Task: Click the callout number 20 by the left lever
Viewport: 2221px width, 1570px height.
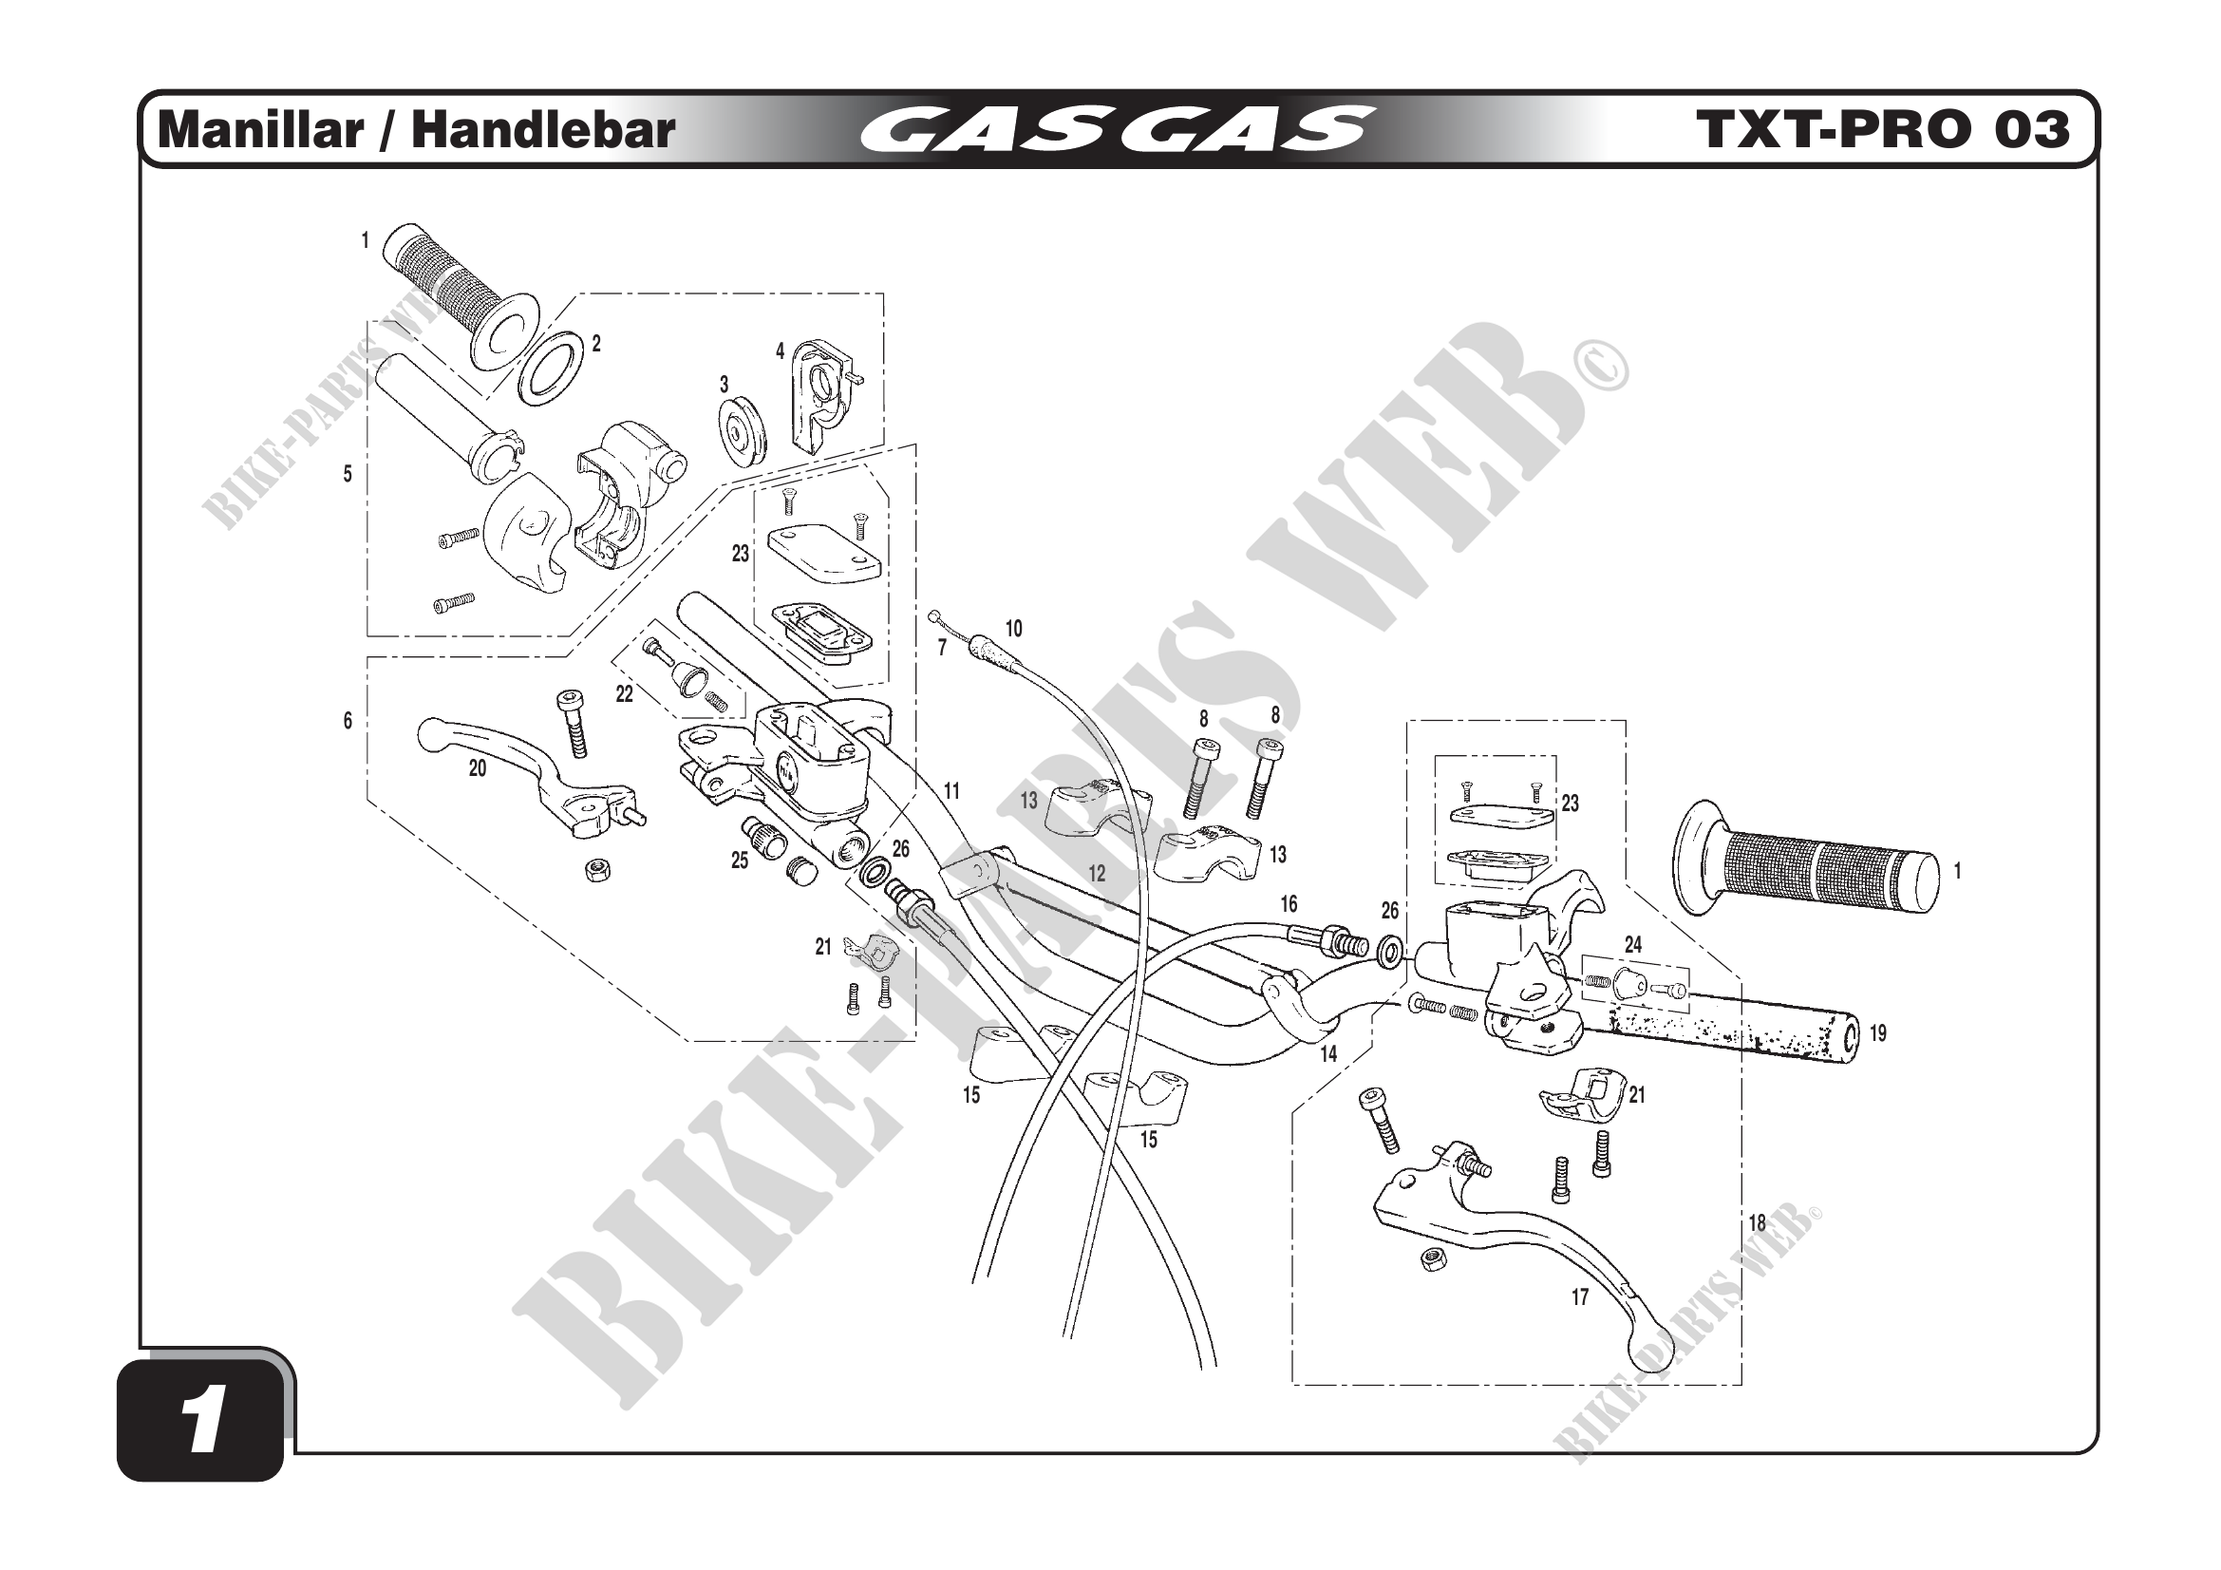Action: click(x=477, y=769)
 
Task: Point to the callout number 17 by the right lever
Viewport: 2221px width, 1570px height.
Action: click(x=1580, y=1298)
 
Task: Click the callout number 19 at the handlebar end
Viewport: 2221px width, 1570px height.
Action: click(x=1877, y=1033)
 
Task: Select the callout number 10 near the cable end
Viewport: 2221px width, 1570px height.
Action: click(x=1013, y=629)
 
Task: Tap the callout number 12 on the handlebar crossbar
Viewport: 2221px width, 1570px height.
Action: click(x=1096, y=874)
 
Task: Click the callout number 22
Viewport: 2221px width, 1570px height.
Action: click(x=624, y=694)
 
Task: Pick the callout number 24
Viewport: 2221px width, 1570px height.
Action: click(x=1633, y=944)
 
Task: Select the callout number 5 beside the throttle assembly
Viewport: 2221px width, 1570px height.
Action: click(x=348, y=474)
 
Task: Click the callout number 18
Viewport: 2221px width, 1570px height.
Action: click(x=1757, y=1223)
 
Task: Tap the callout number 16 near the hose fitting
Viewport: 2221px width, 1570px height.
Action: click(x=1289, y=904)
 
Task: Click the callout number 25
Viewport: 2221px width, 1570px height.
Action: click(x=739, y=861)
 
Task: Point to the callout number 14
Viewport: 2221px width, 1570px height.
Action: click(x=1328, y=1054)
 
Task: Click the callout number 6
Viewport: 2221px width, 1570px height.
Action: click(x=348, y=721)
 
